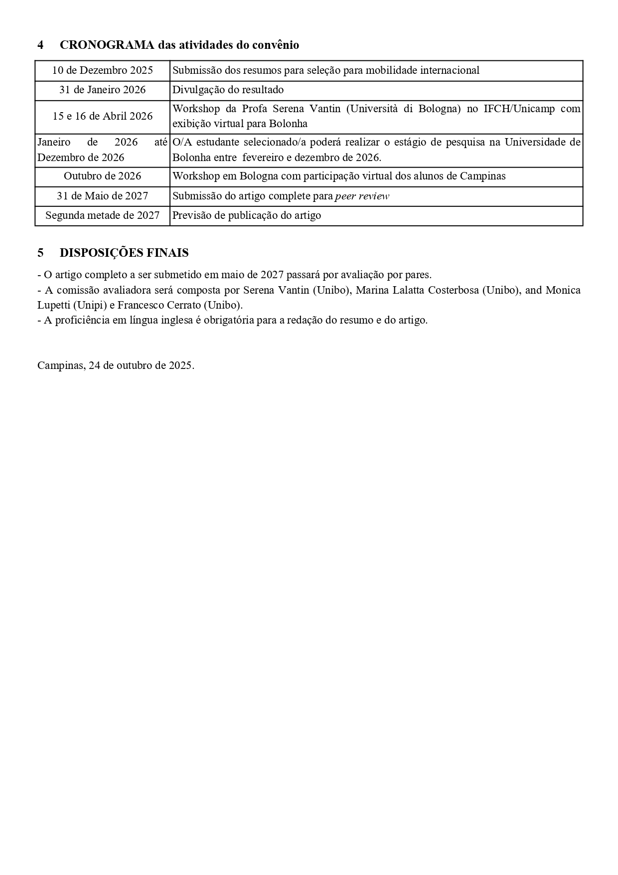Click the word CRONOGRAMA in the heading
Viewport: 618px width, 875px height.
107,45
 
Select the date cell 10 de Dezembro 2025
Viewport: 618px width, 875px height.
102,70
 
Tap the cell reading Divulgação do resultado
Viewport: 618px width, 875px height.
228,90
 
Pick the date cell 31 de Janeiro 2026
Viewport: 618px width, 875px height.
102,90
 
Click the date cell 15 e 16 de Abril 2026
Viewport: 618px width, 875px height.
102,116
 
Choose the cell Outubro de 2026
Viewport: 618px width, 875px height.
102,176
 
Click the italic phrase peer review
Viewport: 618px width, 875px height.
362,196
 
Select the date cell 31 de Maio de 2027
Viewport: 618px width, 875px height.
102,196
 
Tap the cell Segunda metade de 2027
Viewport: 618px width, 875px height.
102,215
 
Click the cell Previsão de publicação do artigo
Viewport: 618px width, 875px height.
247,215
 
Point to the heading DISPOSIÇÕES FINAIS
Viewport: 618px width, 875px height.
124,253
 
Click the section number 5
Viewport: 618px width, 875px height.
40,253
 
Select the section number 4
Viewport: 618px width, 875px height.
40,45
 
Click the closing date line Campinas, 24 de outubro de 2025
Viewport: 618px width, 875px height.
116,365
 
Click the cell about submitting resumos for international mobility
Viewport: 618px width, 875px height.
326,70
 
